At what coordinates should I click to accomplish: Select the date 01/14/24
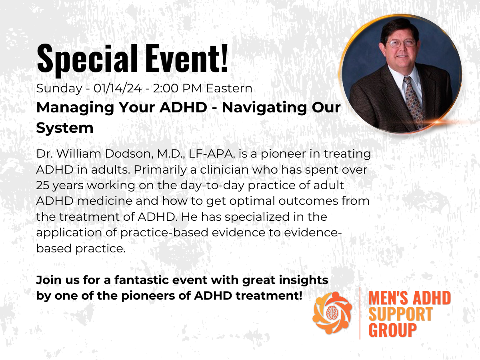[118, 88]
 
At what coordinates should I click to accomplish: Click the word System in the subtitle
[65, 128]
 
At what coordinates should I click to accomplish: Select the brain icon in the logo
[332, 312]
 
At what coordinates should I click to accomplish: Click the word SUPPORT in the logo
[400, 314]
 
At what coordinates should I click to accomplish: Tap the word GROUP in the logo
[392, 330]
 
